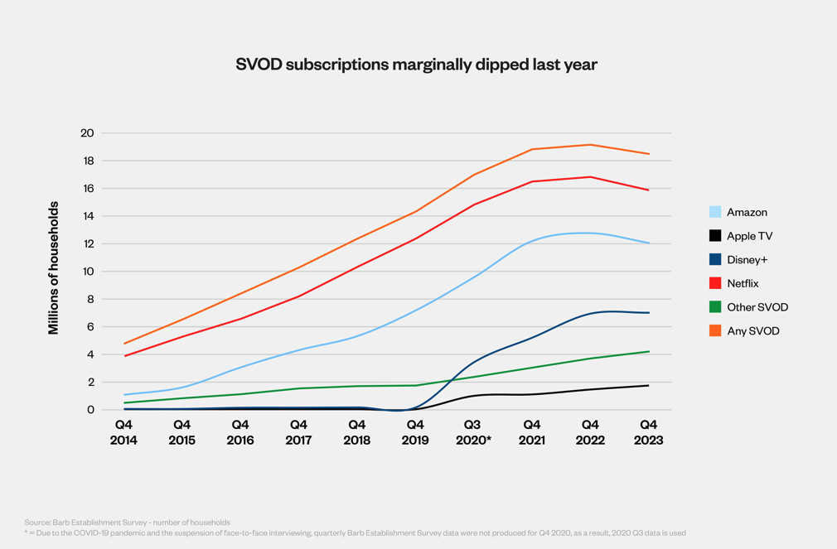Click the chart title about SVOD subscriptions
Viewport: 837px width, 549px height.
click(417, 65)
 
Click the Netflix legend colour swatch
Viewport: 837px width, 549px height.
click(715, 283)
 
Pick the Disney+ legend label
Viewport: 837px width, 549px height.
click(747, 260)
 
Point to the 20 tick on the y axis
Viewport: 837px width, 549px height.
click(87, 133)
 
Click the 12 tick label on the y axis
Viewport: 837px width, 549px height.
click(87, 244)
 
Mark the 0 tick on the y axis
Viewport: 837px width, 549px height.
click(90, 410)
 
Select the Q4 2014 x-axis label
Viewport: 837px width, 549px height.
click(123, 432)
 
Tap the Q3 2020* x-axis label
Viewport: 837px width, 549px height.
click(473, 432)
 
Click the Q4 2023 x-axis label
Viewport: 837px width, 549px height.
click(648, 432)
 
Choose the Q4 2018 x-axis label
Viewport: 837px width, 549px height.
click(356, 432)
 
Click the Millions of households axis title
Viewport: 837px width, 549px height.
click(54, 267)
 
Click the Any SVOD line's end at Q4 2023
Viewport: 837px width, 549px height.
click(648, 154)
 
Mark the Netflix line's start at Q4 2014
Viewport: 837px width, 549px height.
click(124, 356)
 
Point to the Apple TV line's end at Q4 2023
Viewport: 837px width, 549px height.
click(648, 386)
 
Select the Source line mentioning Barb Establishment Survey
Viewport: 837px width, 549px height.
click(127, 523)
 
